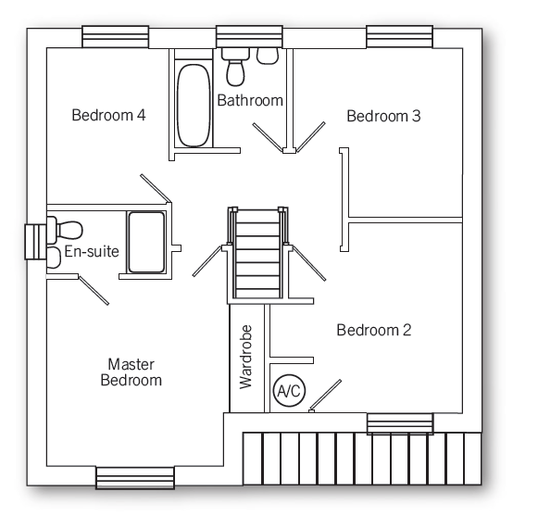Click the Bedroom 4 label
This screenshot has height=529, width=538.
[108, 115]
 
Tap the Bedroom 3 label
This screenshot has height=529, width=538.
[383, 116]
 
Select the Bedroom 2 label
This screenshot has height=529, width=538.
[374, 330]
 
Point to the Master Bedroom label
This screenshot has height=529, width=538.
[131, 372]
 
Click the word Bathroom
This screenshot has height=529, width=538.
[250, 101]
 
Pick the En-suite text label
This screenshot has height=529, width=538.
[92, 251]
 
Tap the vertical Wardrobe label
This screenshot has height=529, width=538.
[246, 357]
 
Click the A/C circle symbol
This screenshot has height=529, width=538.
[289, 391]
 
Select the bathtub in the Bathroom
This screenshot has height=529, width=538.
[194, 106]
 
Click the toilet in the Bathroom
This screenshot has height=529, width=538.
[235, 68]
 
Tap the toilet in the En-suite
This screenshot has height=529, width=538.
[65, 229]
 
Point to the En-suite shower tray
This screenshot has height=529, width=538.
[146, 243]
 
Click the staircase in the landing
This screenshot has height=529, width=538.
[257, 253]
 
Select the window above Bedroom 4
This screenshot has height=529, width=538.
[115, 37]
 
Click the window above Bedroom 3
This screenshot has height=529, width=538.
[399, 36]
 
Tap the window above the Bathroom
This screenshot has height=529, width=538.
[249, 36]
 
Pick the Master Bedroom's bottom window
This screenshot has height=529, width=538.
[135, 477]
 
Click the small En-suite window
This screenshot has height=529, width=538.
[35, 242]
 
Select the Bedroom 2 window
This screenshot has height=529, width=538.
[400, 424]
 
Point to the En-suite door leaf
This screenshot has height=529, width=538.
[94, 290]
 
